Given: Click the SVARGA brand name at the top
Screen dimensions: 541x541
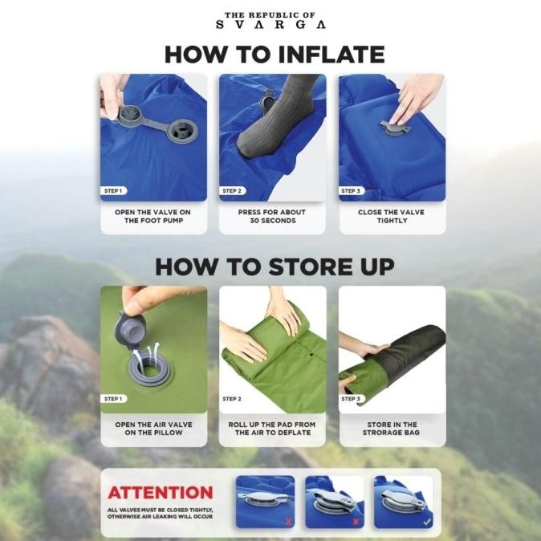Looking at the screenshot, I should click(270, 25).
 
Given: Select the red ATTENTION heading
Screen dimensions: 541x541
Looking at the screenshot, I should click(161, 493).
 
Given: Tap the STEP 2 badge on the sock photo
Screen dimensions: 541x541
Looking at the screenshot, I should click(232, 191).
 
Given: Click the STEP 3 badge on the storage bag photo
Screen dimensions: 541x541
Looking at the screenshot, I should click(351, 399).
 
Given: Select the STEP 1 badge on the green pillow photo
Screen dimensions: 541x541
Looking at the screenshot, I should click(113, 399).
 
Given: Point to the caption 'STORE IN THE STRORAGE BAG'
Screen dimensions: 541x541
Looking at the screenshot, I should click(391, 429).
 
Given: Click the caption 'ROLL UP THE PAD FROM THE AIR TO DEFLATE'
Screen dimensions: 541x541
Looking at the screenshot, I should click(272, 429).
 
